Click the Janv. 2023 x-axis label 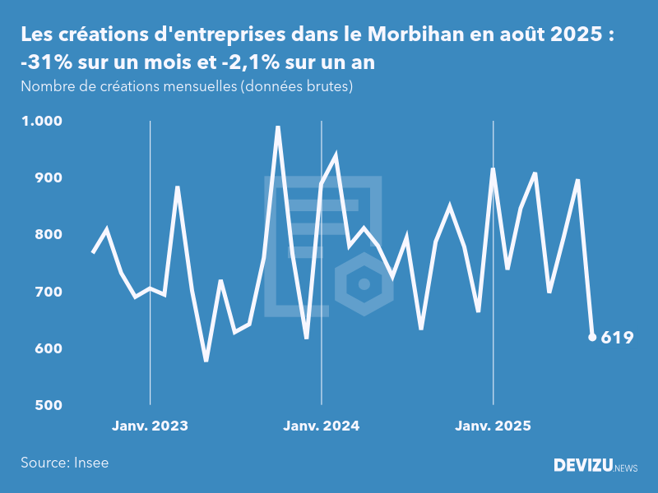[150, 426]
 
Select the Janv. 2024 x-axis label [321, 426]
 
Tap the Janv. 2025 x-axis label [493, 426]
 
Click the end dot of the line [592, 337]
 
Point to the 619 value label [617, 337]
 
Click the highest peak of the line [278, 127]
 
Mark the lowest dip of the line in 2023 [206, 360]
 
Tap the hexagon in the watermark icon [363, 284]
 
